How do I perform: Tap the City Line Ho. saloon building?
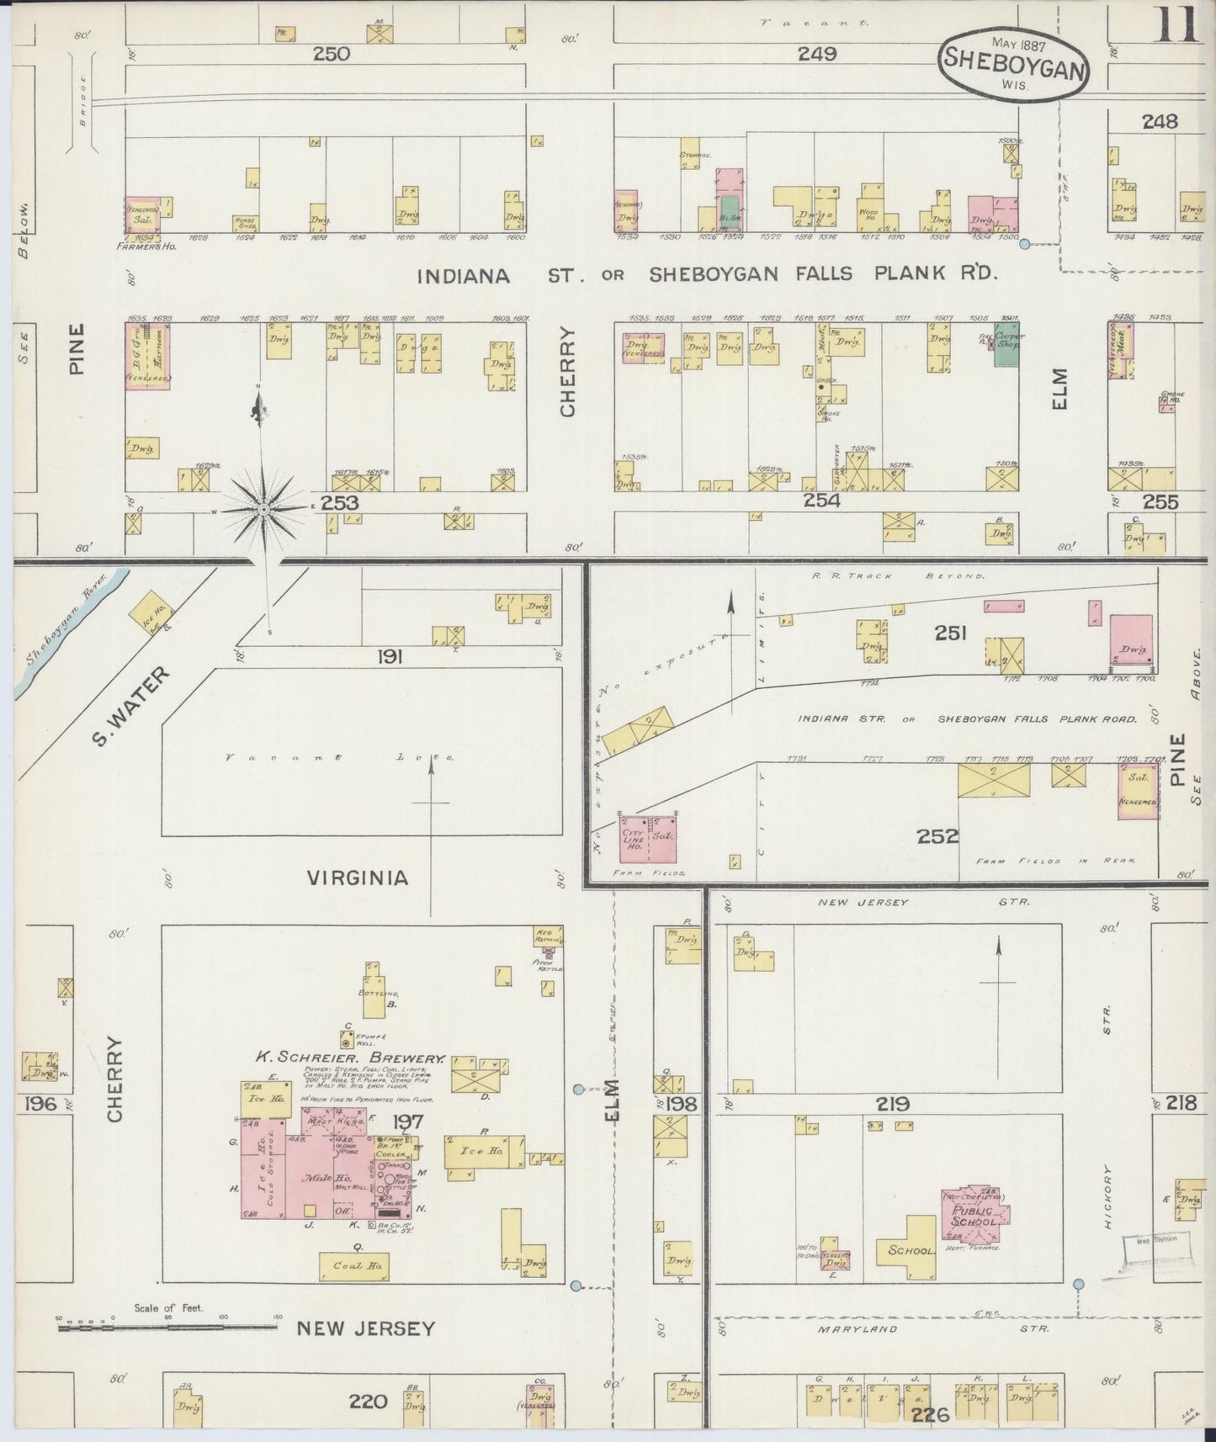pyautogui.click(x=648, y=839)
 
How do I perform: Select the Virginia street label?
pyautogui.click(x=358, y=878)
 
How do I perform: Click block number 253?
pyautogui.click(x=340, y=502)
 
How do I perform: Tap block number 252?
pyautogui.click(x=938, y=836)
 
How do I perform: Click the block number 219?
pyautogui.click(x=893, y=1104)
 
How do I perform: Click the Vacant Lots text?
pyautogui.click(x=340, y=758)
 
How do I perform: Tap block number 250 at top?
pyautogui.click(x=331, y=55)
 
